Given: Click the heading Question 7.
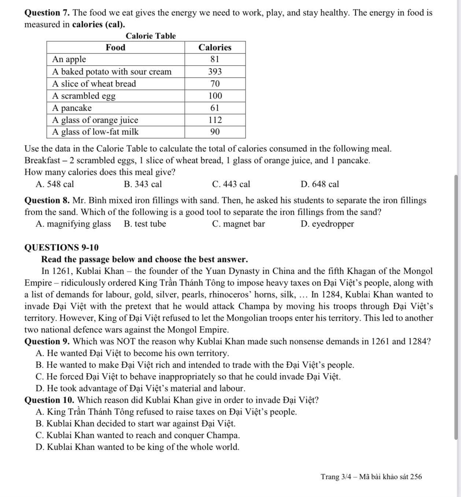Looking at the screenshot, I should tap(47, 13).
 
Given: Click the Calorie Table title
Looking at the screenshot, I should tap(151, 36).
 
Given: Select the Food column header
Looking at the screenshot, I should tap(115, 47).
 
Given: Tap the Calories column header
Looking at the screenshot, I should tap(215, 47).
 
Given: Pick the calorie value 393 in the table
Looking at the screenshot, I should tap(215, 71).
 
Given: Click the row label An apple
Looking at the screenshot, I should tap(69, 59).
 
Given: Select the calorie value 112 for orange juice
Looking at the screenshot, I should tap(215, 120).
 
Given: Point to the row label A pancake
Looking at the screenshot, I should tap(72, 108).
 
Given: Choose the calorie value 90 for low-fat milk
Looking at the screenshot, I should tap(215, 132).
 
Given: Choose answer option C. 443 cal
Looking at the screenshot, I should tap(231, 184).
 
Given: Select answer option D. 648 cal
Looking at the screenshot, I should tap(320, 184).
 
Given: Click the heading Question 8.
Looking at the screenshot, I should tap(47, 200).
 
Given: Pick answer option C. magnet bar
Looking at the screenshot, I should tap(238, 224).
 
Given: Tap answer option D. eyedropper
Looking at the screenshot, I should tap(327, 224).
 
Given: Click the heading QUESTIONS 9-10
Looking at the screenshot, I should tap(62, 248).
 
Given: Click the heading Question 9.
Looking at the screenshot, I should tap(47, 342).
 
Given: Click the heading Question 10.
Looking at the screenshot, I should tap(49, 400).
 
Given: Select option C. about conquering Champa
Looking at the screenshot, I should tap(138, 435).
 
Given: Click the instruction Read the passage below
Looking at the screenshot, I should tap(144, 259).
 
